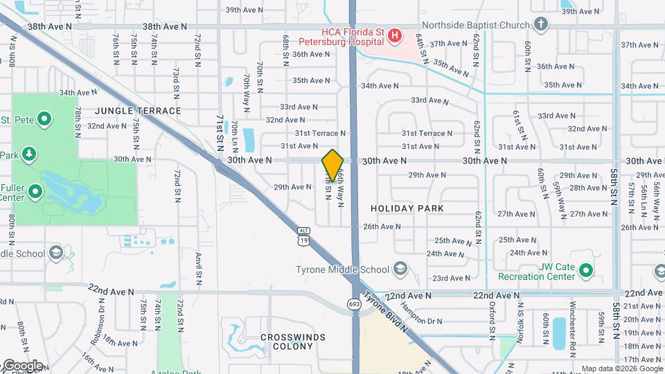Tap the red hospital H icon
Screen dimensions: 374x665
pyautogui.click(x=395, y=35)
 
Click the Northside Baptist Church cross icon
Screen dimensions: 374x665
pyautogui.click(x=541, y=26)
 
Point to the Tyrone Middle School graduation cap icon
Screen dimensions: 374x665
pyautogui.click(x=400, y=269)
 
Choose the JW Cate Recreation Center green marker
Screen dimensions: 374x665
pyautogui.click(x=586, y=269)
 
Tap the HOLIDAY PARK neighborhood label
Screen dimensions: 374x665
pyautogui.click(x=407, y=208)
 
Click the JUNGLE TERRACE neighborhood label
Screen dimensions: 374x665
pyautogui.click(x=138, y=111)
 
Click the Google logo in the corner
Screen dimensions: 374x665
pyautogui.click(x=22, y=365)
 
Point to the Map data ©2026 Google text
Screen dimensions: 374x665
pyautogui.click(x=621, y=368)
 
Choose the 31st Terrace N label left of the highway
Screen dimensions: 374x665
pyautogui.click(x=319, y=133)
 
